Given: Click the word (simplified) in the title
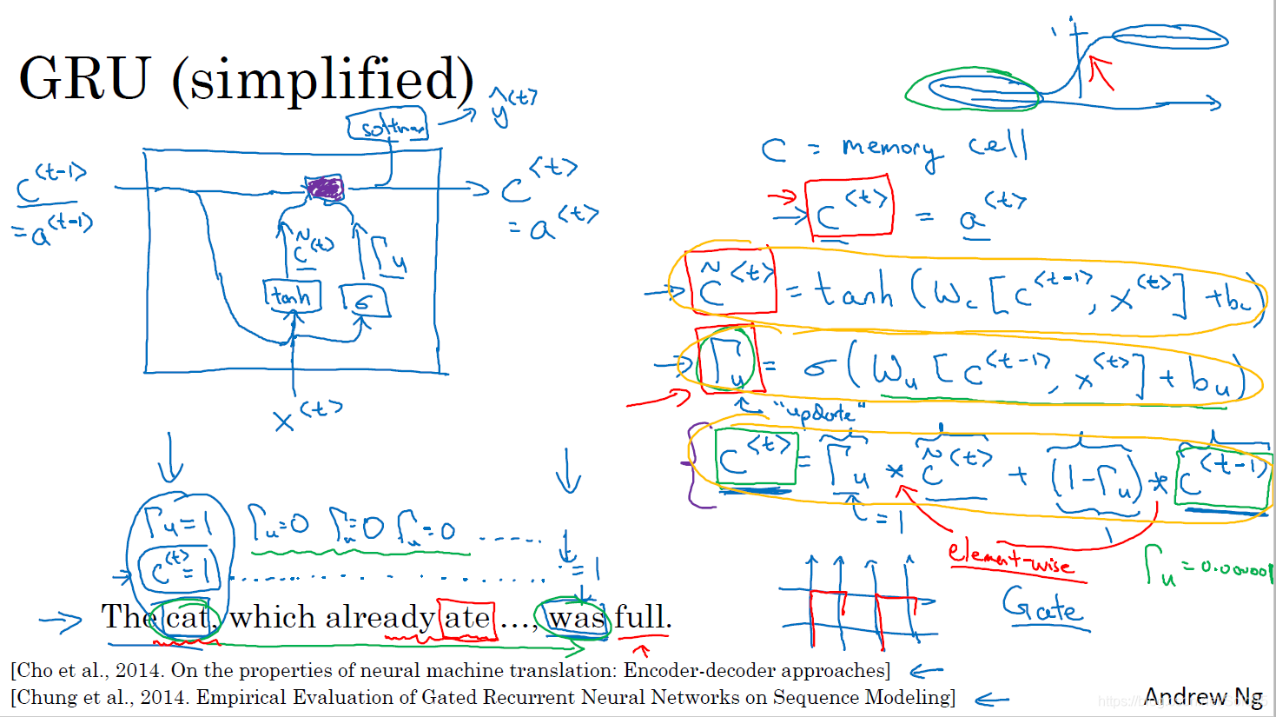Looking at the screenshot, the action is pyautogui.click(x=323, y=80).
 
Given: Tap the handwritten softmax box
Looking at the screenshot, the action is pyautogui.click(x=388, y=125).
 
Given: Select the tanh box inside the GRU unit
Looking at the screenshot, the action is pyautogui.click(x=292, y=296).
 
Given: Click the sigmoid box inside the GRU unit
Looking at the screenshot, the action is pyautogui.click(x=364, y=301).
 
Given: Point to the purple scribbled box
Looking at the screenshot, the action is pyautogui.click(x=325, y=188).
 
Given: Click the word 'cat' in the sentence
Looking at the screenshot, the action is pyautogui.click(x=187, y=618).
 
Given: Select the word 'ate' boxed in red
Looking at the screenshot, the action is pyautogui.click(x=467, y=618).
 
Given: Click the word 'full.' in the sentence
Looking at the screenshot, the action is pyautogui.click(x=643, y=618).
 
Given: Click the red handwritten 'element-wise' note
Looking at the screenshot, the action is pyautogui.click(x=1009, y=557).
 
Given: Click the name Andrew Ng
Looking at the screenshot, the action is pyautogui.click(x=1203, y=696).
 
